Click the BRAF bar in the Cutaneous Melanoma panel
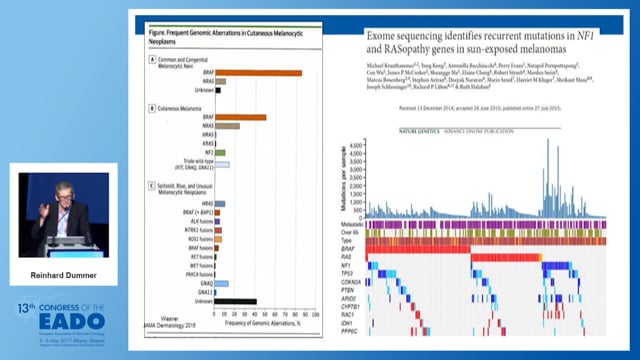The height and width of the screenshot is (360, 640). (x=240, y=117)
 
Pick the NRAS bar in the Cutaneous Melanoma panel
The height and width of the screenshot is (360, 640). (x=226, y=126)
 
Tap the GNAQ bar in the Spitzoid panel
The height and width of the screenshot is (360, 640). (x=221, y=283)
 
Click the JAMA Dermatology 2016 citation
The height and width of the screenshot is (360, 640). (x=179, y=324)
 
